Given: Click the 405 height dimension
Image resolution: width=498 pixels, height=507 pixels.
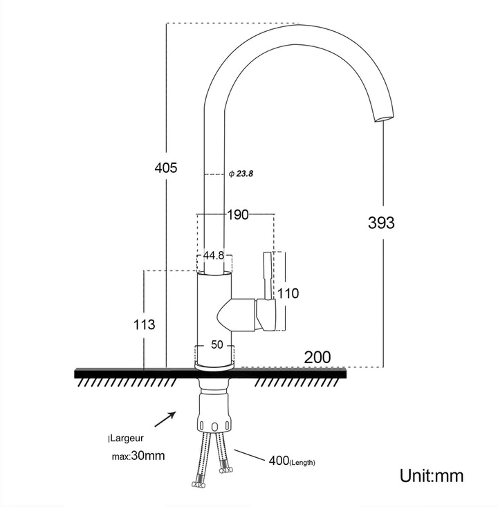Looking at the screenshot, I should (166, 167).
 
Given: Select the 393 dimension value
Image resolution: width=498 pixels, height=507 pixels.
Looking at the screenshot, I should (381, 223).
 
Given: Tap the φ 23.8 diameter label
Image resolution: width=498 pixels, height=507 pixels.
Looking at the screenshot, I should (241, 174).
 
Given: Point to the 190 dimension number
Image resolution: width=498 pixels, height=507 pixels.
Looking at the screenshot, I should (237, 215).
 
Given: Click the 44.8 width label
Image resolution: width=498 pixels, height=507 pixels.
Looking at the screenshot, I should (214, 256).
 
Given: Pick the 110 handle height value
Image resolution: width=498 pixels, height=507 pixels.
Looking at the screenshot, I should (288, 293).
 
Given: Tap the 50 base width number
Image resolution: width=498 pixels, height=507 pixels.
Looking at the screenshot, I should (216, 345).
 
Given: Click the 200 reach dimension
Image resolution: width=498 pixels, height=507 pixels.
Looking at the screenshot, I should (317, 358).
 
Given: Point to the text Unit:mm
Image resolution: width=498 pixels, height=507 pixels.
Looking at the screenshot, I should (432, 476).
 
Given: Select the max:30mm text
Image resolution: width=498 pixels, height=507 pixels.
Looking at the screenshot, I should (138, 457).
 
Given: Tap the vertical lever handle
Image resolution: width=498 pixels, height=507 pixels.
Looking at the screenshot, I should (266, 276).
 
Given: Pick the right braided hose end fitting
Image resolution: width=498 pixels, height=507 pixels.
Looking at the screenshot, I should (225, 470).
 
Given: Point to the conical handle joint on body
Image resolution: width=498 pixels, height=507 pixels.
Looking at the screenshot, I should (235, 314).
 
